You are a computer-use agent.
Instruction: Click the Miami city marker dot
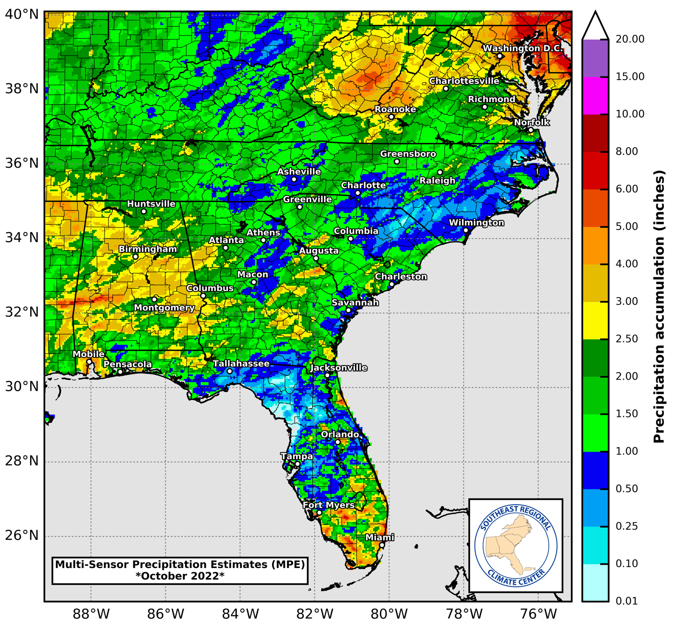pyautogui.click(x=382, y=545)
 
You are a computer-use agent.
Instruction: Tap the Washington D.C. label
pyautogui.click(x=522, y=48)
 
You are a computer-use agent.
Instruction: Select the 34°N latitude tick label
pyautogui.click(x=21, y=238)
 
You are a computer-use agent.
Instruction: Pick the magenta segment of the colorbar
pyautogui.click(x=595, y=95)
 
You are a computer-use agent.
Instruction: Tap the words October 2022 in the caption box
pyautogui.click(x=180, y=576)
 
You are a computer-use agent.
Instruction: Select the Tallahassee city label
pyautogui.click(x=241, y=364)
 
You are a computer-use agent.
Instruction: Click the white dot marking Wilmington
pyautogui.click(x=466, y=231)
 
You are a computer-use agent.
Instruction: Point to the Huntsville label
pyautogui.click(x=151, y=204)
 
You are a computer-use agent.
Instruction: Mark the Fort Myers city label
pyautogui.click(x=329, y=505)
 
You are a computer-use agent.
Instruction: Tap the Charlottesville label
pyautogui.click(x=464, y=81)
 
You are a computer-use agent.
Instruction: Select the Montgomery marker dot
pyautogui.click(x=154, y=300)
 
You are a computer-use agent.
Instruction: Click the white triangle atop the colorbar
pyautogui.click(x=595, y=25)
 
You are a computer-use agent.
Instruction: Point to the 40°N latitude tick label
pyautogui.click(x=21, y=14)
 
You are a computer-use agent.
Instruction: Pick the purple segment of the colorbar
pyautogui.click(x=595, y=58)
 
